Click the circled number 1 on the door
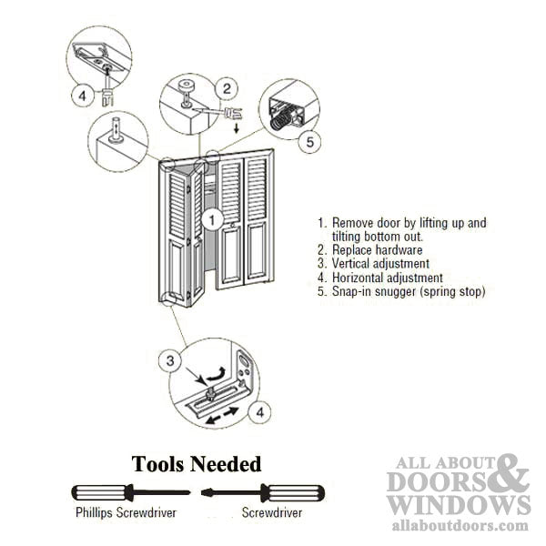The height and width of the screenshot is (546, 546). (210, 219)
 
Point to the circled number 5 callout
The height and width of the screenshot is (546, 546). (309, 141)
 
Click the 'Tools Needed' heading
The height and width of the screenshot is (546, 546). (197, 464)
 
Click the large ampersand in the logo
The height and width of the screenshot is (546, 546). (513, 475)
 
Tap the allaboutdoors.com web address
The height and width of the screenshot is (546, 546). (460, 525)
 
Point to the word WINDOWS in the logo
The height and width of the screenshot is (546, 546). (457, 504)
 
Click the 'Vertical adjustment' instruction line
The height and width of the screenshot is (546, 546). (380, 264)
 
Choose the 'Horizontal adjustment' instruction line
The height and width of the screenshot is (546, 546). (386, 278)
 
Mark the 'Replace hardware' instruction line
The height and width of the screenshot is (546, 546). (374, 249)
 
